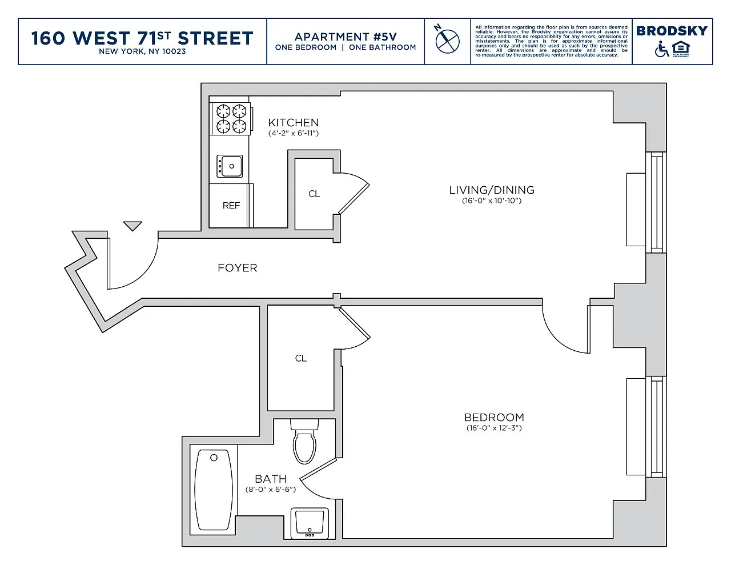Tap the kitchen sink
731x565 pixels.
[x=230, y=166]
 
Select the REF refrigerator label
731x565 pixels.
[x=231, y=205]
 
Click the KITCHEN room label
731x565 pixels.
[x=294, y=122]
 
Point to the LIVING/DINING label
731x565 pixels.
[x=492, y=190]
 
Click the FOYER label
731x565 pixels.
[x=237, y=268]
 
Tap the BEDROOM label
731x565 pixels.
[x=494, y=417]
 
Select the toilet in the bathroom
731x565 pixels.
[x=304, y=441]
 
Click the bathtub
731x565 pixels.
[x=214, y=490]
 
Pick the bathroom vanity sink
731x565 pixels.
[x=310, y=523]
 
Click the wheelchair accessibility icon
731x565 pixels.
[x=661, y=49]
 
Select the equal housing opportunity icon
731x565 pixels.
[x=681, y=49]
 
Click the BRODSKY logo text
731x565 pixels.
[x=672, y=31]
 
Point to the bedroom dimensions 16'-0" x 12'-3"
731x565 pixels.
[x=494, y=428]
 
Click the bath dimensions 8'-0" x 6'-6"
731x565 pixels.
[x=271, y=489]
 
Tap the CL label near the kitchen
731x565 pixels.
[x=314, y=194]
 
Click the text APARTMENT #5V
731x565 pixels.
[x=346, y=37]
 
